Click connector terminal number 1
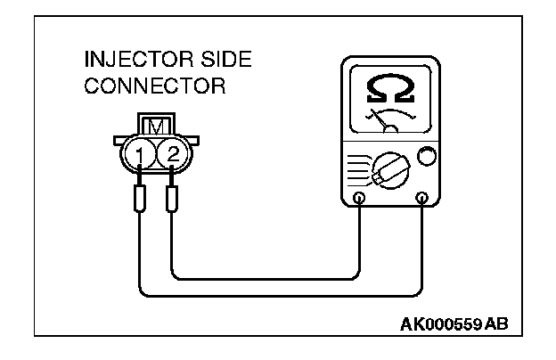pos(140,157)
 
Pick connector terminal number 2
pos(173,157)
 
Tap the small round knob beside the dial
pos(427,157)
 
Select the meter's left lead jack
pos(358,198)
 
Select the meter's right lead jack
pos(421,198)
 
